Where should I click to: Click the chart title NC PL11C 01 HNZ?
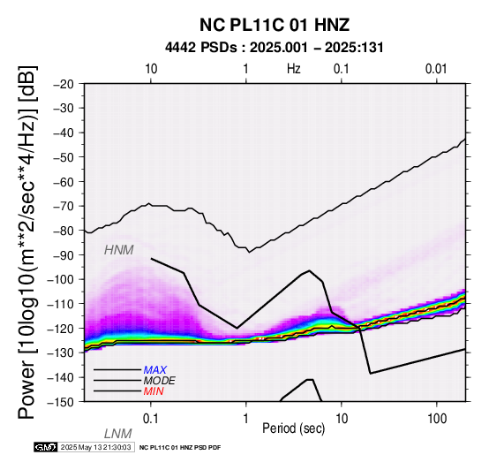click(x=275, y=25)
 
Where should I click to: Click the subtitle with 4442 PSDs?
click(x=275, y=48)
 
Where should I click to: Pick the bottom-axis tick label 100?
click(x=437, y=419)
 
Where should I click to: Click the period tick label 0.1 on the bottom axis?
click(x=151, y=419)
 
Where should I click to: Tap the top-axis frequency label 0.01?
click(x=436, y=69)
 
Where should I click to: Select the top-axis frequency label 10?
click(x=151, y=69)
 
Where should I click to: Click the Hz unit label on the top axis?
click(x=294, y=69)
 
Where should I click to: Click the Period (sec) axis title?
click(x=294, y=428)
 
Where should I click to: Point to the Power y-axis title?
click(x=26, y=243)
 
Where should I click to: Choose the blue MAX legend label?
click(x=155, y=370)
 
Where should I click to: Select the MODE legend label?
click(x=160, y=381)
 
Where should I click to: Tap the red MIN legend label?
click(x=154, y=391)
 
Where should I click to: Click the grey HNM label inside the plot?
click(x=119, y=250)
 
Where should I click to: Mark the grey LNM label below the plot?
click(x=118, y=434)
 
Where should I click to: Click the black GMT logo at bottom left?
click(x=46, y=448)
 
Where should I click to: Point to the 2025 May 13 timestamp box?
click(x=96, y=448)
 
